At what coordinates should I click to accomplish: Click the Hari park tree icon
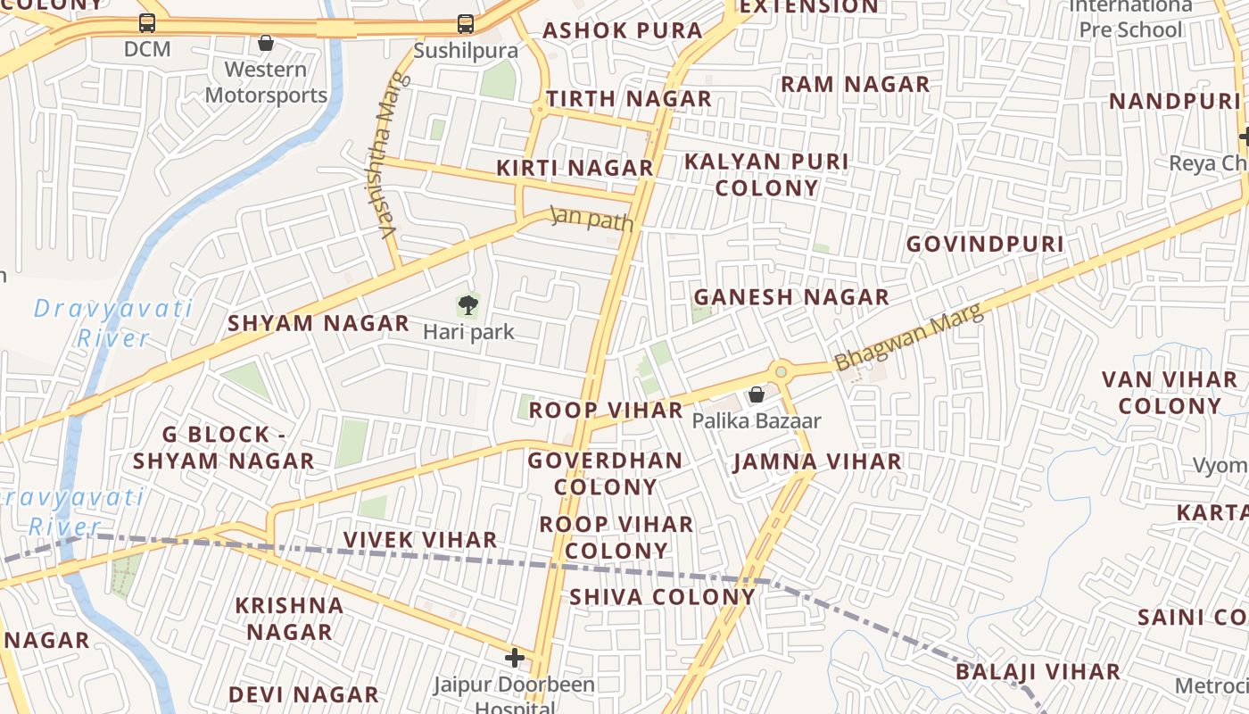[467, 306]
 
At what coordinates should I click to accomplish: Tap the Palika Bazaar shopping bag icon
[757, 394]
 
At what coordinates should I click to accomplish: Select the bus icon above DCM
[147, 23]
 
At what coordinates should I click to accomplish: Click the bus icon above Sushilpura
[465, 24]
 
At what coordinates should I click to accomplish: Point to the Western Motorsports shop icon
[266, 43]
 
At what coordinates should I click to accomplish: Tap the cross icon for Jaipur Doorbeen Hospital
[515, 659]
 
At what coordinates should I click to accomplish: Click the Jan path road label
[591, 219]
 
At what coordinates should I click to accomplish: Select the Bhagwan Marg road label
[908, 337]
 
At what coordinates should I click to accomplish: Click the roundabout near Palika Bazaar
[782, 370]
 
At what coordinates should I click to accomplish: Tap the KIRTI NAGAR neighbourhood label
[575, 168]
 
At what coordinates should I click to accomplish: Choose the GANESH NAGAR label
[791, 297]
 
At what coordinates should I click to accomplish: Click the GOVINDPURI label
[985, 244]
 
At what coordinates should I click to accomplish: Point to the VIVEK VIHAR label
[420, 540]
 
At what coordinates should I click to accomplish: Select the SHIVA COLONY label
[662, 596]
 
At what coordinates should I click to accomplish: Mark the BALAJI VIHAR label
[1038, 672]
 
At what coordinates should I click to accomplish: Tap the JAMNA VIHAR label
[817, 461]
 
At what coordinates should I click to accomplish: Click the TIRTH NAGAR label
[629, 99]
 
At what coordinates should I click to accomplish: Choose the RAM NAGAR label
[855, 85]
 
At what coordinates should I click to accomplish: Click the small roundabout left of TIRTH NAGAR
[538, 111]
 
